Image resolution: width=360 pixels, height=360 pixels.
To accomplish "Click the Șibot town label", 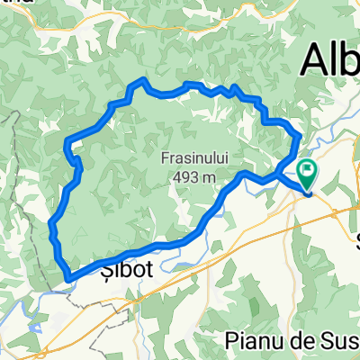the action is pos(118,269).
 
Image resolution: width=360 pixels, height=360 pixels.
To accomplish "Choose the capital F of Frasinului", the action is pos(166,158).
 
